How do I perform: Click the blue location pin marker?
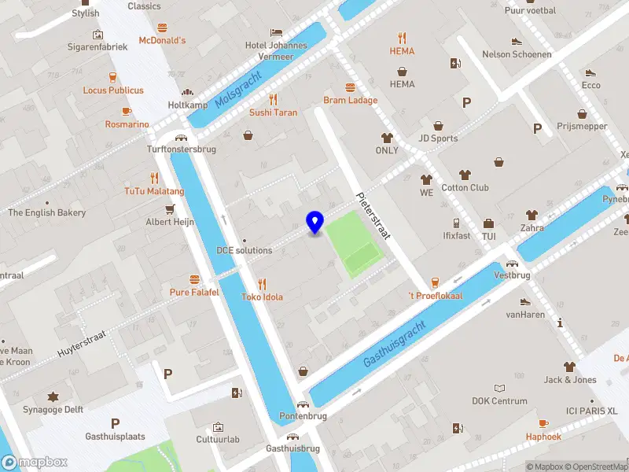point(315,222)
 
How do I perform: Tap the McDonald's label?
point(162,40)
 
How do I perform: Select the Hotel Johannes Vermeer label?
point(275,50)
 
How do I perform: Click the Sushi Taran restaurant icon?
point(274,99)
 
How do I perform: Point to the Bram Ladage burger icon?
point(350,87)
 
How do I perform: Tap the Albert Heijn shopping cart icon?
point(170,209)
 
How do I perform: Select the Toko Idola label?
point(262,297)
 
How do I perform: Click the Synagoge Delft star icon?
point(53,396)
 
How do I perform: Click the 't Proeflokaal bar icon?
point(434,282)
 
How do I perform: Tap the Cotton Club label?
point(465,188)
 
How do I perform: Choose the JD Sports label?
point(438,139)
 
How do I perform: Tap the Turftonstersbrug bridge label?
point(181,149)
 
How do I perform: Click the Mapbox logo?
point(35,463)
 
